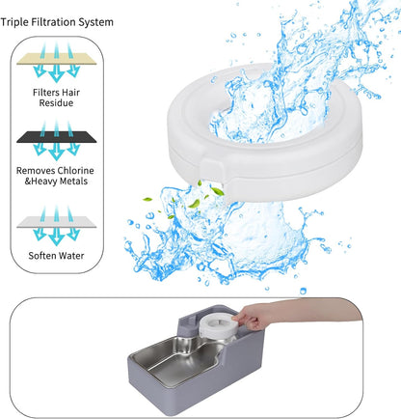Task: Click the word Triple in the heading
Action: (20, 21)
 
